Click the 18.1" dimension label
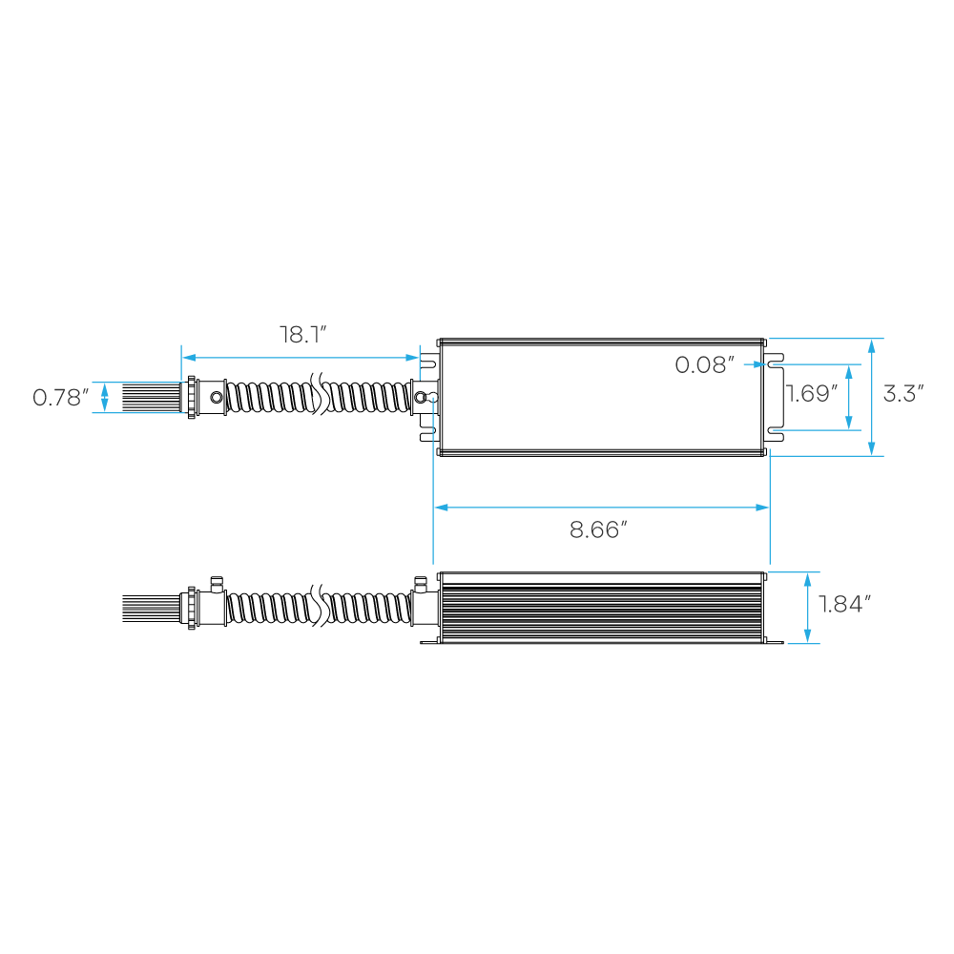pos(303,335)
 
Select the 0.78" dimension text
pos(60,397)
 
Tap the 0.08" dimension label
pos(705,364)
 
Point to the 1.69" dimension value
pos(812,393)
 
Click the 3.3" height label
pos(903,393)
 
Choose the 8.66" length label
pos(598,529)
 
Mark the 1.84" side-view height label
pos(844,604)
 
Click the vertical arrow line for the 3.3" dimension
pos(871,397)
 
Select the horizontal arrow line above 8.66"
pos(602,507)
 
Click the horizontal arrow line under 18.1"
pos(301,357)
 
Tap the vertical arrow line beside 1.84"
pos(807,607)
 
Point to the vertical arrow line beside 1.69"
pos(849,397)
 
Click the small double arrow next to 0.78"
pos(105,397)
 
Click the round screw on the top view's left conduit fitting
pos(216,398)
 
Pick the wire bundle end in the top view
pos(152,397)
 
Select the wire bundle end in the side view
pos(152,607)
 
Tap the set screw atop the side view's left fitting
pos(217,584)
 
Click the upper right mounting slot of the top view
pos(775,363)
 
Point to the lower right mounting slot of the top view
pos(775,431)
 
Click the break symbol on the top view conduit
pos(317,394)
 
